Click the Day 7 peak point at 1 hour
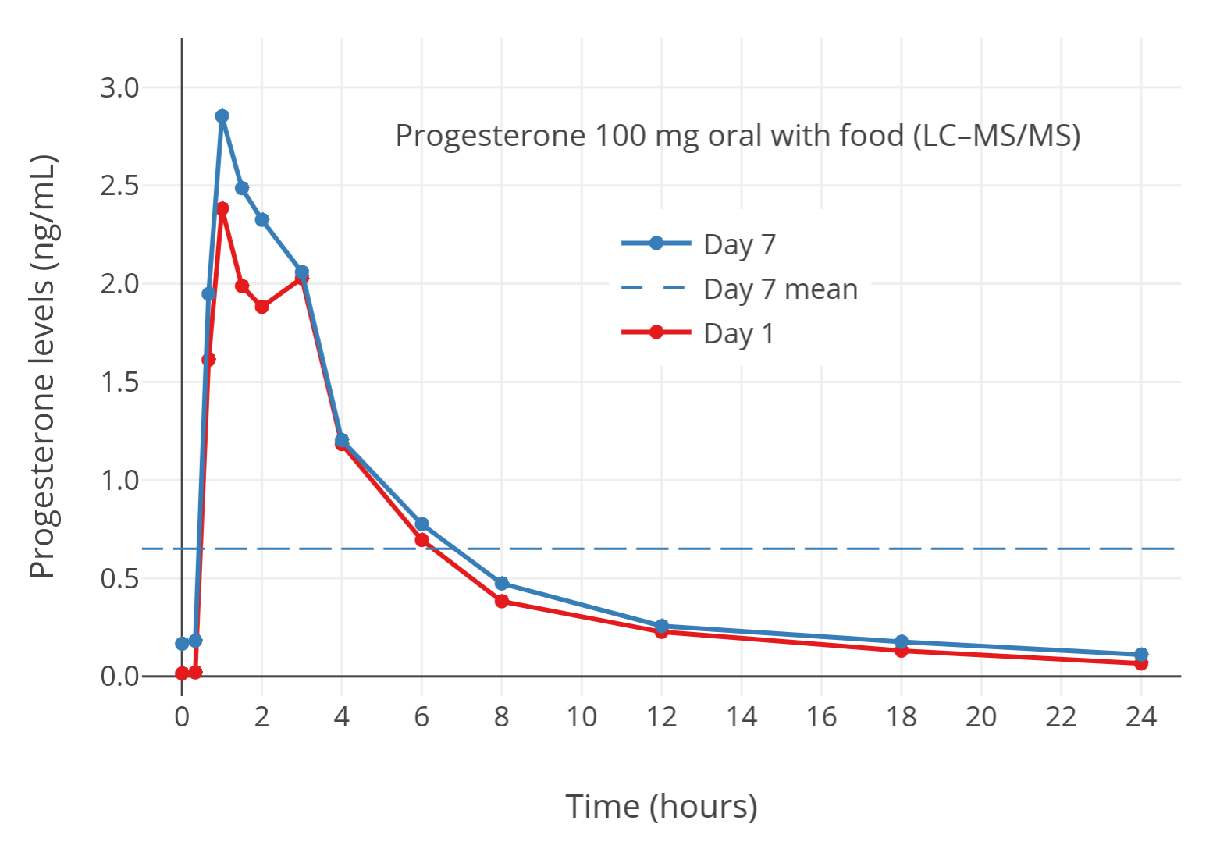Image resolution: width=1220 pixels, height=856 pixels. pos(222,116)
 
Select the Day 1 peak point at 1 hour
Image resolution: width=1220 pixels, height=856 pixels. pos(222,209)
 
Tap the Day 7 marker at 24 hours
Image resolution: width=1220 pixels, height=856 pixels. pos(1140,655)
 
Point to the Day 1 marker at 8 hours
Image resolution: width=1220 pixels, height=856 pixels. pos(501,601)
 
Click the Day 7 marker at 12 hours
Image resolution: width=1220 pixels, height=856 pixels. pos(661,626)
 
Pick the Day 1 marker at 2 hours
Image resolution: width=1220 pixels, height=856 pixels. pos(261,307)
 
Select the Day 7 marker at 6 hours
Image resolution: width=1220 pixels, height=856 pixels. pos(421,524)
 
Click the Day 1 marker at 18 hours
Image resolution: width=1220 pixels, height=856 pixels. pos(901,651)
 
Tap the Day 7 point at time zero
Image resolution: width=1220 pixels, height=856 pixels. pos(182,644)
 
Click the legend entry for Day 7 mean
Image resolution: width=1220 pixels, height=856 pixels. pos(780,289)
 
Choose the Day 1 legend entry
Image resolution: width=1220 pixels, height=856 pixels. pos(738,334)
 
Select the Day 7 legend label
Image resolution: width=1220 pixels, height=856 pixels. pos(739,245)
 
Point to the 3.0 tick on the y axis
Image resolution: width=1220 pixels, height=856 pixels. pos(119,87)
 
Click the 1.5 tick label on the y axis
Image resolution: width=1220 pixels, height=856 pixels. pos(119,382)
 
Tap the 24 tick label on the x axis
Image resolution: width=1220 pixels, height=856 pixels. pos(1140,716)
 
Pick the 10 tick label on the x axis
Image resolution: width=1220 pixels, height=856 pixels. pos(582,716)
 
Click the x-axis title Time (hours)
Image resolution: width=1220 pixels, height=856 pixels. pos(661,806)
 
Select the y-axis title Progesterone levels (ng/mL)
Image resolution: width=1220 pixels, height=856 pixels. pos(43,367)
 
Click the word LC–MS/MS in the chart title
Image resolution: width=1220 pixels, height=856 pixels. pos(997,136)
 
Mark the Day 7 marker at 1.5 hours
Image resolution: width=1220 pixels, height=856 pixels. pos(242,188)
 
